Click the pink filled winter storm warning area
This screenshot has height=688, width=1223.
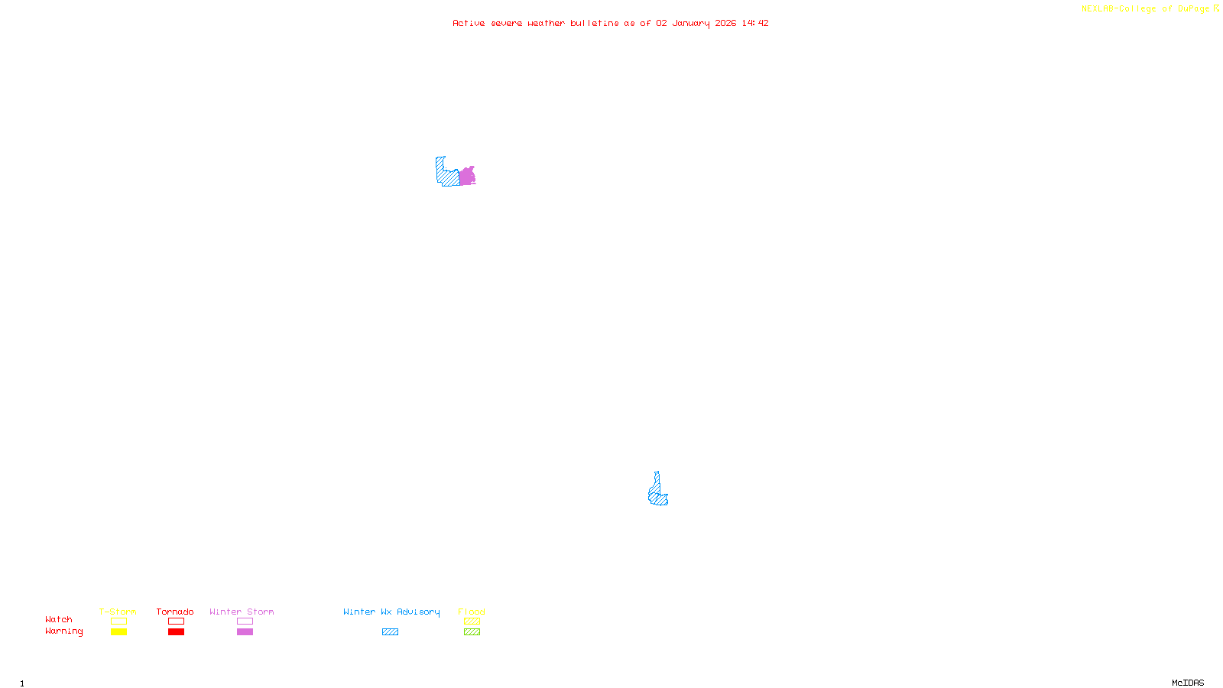pos(467,177)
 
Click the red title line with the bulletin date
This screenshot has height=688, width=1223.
pos(610,23)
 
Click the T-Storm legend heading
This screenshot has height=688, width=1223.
pos(118,612)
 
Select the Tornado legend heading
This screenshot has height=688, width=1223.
pos(175,612)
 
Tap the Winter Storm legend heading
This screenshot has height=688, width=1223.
pos(242,612)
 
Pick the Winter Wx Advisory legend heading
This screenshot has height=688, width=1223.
pos(391,612)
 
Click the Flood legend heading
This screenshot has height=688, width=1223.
pos(472,612)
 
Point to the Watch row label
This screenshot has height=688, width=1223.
pos(59,619)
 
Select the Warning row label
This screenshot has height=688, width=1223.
pos(64,631)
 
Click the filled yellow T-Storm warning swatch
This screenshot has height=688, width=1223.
pos(118,632)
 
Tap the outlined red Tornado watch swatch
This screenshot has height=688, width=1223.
pos(176,621)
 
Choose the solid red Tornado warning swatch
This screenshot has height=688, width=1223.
pos(176,632)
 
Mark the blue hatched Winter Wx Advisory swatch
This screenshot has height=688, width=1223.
pos(390,632)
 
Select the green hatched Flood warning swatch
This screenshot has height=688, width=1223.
pos(472,632)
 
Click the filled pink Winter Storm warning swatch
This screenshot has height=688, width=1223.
pos(245,632)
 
